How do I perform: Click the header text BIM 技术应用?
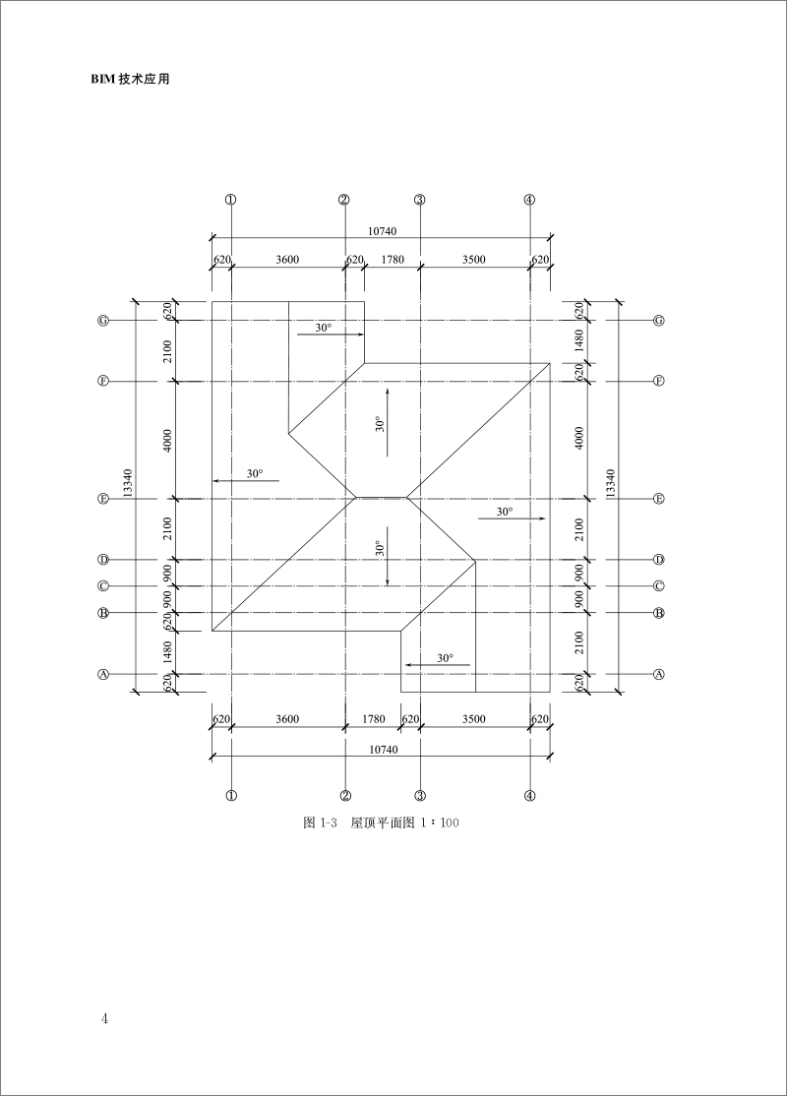pos(130,80)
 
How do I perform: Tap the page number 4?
pos(104,1017)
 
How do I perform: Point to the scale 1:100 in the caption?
pos(440,822)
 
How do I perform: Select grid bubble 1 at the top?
pos(230,200)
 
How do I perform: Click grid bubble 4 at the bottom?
pos(530,796)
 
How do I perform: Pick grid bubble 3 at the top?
pos(419,200)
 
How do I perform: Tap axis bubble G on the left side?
pos(102,321)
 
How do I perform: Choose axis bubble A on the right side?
pos(658,675)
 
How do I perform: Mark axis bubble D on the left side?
pos(102,560)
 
